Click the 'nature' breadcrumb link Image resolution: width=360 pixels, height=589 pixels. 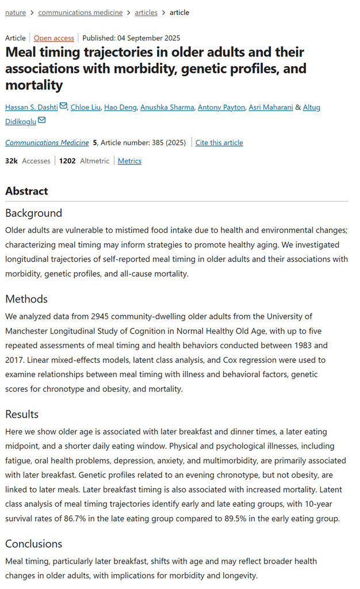coord(16,12)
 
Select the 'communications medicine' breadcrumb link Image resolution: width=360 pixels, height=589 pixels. coord(80,12)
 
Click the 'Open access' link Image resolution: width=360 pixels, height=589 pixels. coord(53,38)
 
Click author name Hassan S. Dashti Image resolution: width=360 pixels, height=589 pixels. coord(32,107)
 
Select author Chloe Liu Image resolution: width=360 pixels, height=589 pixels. coord(85,107)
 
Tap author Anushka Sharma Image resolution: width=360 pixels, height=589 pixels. coord(165,107)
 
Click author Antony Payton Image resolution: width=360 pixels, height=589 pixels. coord(221,107)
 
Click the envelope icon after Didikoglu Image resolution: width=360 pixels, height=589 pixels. coord(42,121)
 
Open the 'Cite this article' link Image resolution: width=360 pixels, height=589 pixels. coord(219,143)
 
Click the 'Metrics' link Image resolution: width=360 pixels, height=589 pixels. coord(129,161)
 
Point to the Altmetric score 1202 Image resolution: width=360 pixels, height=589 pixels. coord(67,161)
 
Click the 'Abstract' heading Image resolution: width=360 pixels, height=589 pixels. coord(26,191)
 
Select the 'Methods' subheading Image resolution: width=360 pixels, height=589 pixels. coord(26,299)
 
